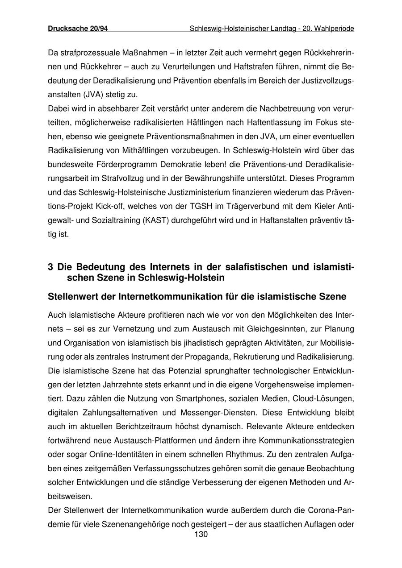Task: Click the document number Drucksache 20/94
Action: coord(78,29)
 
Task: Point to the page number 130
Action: coord(201,534)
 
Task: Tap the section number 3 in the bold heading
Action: coord(50,267)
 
